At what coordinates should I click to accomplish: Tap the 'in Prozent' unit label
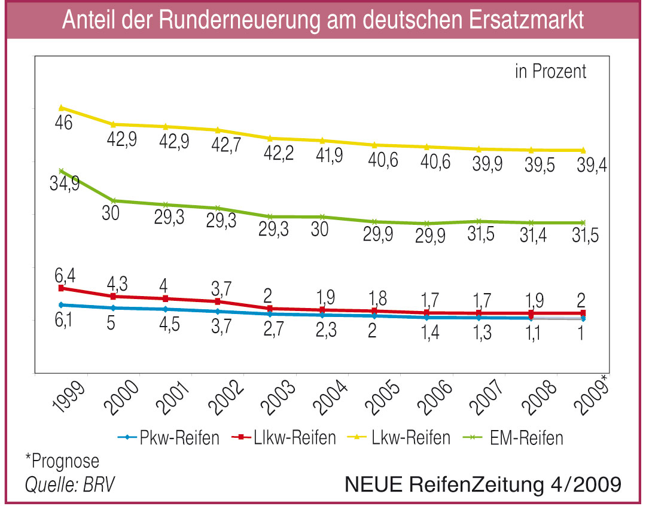click(x=550, y=72)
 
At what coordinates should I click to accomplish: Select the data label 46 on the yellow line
click(x=63, y=124)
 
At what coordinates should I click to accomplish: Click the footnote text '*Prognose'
click(x=62, y=461)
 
